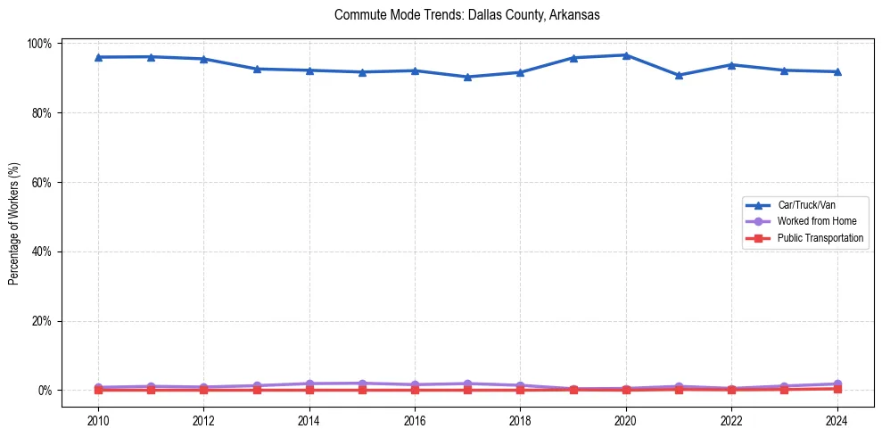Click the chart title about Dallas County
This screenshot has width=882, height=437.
[x=467, y=15]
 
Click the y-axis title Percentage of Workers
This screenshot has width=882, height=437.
[x=14, y=217]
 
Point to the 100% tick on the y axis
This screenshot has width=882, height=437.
[x=41, y=44]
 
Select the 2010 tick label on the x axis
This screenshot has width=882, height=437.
[x=98, y=420]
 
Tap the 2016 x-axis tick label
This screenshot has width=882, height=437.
[x=415, y=420]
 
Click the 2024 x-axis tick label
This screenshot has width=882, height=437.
[x=837, y=420]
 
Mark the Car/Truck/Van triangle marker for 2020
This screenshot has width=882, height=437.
[x=625, y=55]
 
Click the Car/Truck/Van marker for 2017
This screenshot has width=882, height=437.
[x=467, y=77]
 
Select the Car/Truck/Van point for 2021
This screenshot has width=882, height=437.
[x=679, y=75]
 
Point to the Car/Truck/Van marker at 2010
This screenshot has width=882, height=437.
[x=98, y=57]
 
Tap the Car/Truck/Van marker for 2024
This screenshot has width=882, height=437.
[x=837, y=71]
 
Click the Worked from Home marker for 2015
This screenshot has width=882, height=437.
[x=362, y=383]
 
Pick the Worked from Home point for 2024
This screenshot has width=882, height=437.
[x=837, y=383]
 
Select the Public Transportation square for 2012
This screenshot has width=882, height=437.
[x=203, y=390]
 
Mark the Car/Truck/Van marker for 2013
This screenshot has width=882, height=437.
[x=257, y=69]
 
